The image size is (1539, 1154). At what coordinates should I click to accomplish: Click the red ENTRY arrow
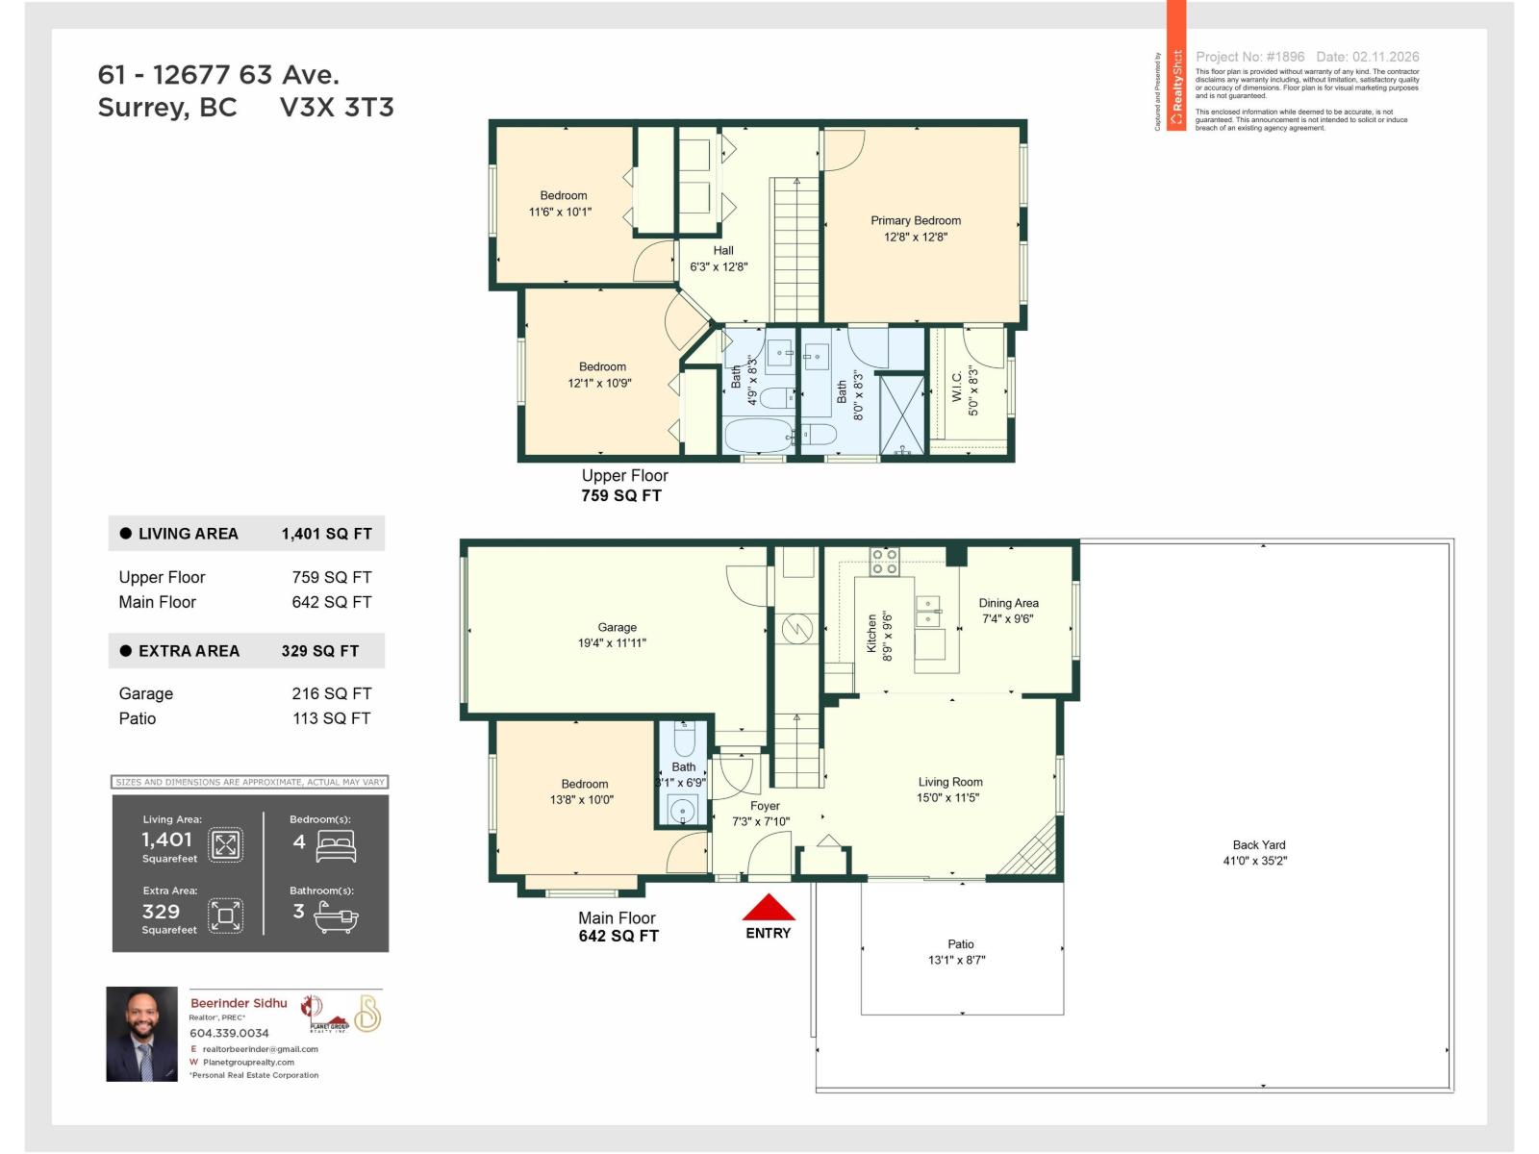[x=769, y=908]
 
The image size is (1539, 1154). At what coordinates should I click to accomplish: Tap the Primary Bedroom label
[x=916, y=220]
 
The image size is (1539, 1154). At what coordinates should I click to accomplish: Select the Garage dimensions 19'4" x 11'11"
[x=612, y=643]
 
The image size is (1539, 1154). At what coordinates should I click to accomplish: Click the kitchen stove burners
[x=884, y=562]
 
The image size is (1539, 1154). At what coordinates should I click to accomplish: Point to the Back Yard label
[x=1258, y=845]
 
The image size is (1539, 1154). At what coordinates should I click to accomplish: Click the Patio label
[x=960, y=944]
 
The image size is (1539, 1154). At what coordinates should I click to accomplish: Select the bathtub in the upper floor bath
[x=758, y=436]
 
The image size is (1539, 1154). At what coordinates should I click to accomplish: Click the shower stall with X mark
[x=901, y=414]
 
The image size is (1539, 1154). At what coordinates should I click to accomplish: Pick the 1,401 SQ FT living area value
[x=326, y=534]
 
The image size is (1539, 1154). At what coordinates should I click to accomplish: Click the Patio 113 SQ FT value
[x=331, y=718]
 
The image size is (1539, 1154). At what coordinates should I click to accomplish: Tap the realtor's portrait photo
[x=141, y=1035]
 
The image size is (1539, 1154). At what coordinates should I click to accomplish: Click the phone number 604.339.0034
[x=229, y=1033]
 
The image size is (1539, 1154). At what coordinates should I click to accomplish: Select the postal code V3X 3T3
[x=337, y=107]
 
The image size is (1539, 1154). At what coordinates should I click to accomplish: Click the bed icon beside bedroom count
[x=336, y=846]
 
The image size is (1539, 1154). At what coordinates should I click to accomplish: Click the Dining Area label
[x=1008, y=603]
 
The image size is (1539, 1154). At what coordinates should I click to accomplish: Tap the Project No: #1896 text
[x=1249, y=57]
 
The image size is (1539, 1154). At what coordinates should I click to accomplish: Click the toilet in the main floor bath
[x=683, y=740]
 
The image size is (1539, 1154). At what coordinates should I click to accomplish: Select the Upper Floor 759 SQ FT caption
[x=623, y=486]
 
